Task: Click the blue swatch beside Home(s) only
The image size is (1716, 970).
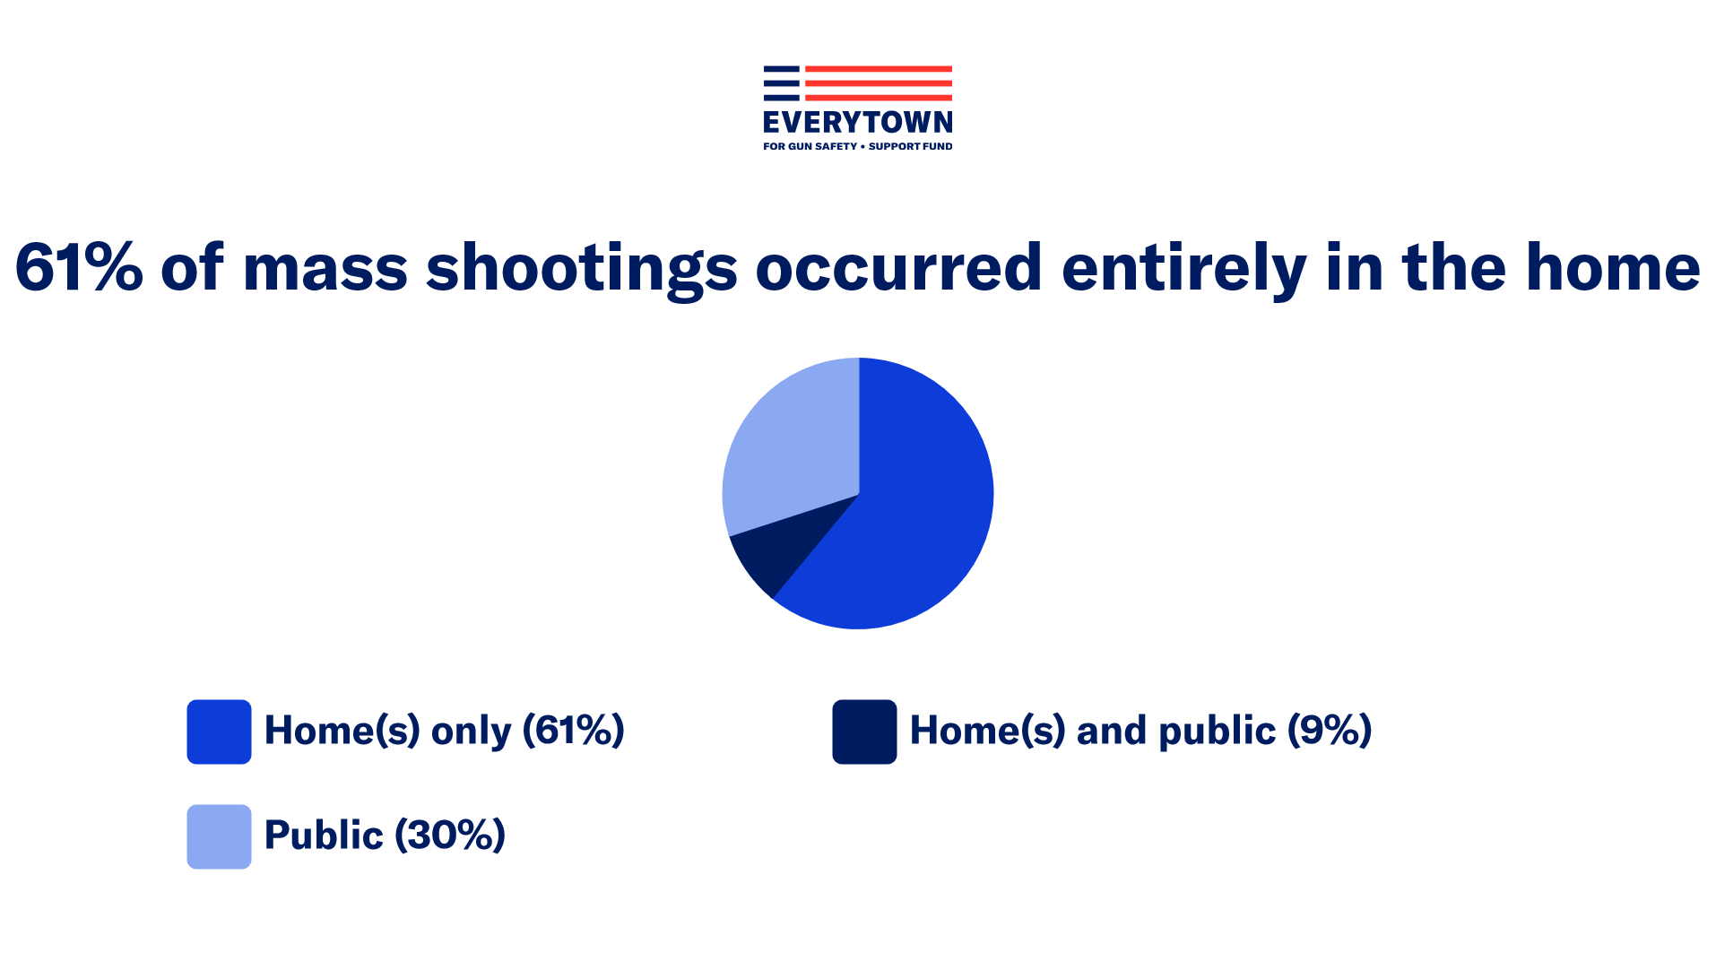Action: [219, 732]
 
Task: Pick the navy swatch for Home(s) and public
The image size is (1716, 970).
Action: [864, 732]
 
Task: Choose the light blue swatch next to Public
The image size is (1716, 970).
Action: [219, 836]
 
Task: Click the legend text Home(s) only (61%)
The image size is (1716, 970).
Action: [444, 731]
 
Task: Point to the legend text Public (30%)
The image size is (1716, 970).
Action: [385, 836]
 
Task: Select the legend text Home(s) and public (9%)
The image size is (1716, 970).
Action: [1140, 731]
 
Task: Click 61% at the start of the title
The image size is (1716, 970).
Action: [79, 267]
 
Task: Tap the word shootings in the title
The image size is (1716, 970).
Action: [581, 269]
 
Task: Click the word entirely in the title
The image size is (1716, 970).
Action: [1184, 269]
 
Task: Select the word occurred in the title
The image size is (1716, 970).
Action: [899, 267]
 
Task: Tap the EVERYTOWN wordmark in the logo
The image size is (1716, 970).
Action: [858, 122]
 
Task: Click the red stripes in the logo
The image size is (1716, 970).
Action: [879, 82]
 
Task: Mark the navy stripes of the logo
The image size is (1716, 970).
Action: [781, 82]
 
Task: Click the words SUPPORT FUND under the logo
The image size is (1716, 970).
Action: [910, 146]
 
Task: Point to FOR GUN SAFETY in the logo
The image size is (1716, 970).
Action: [810, 146]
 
